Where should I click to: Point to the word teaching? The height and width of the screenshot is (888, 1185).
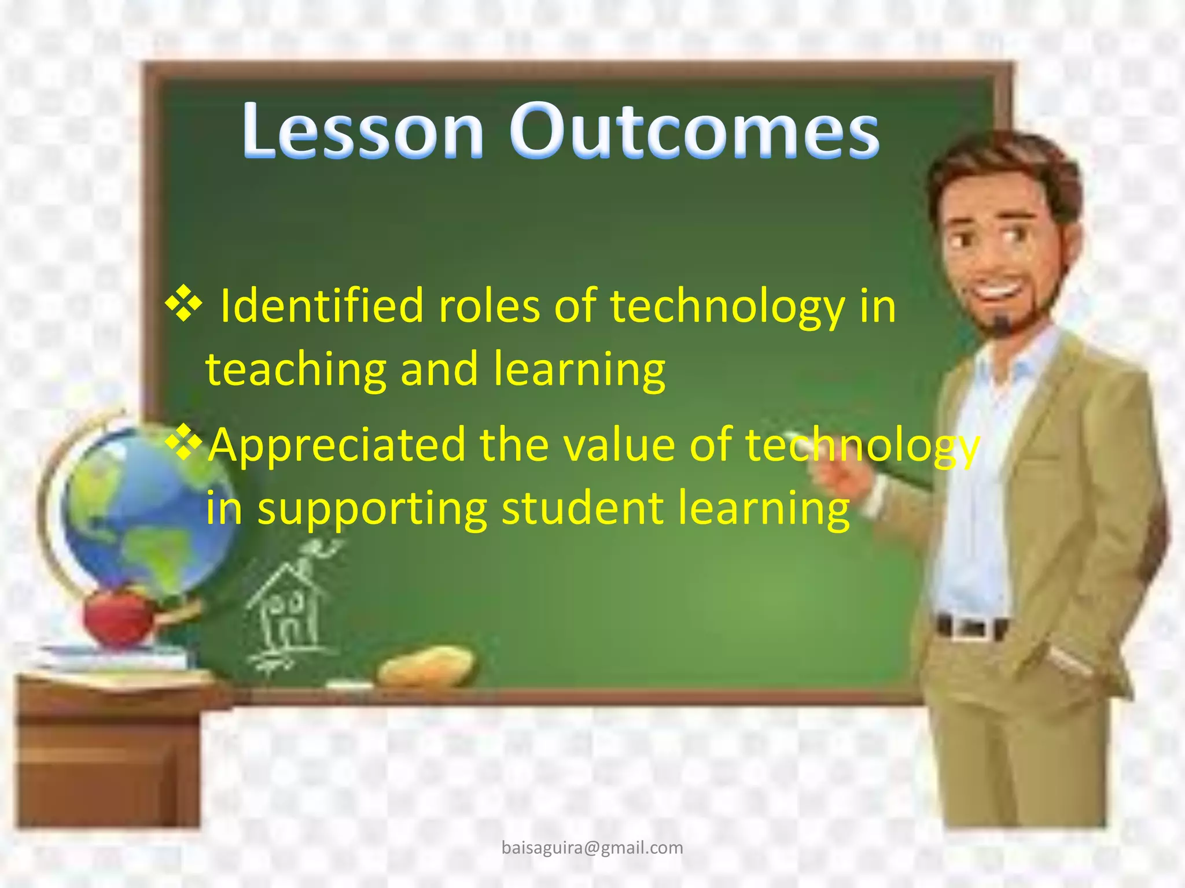[296, 370]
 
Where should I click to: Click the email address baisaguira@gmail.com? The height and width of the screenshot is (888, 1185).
[592, 848]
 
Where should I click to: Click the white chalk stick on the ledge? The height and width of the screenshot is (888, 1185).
[349, 686]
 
